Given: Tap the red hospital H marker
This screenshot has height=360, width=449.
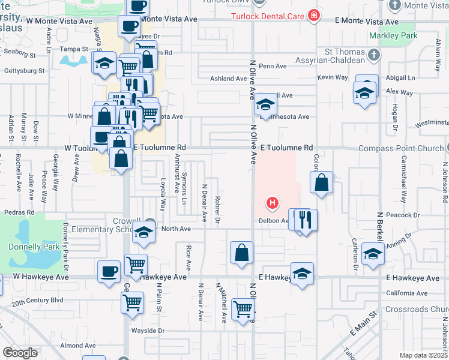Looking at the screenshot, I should point(273,204).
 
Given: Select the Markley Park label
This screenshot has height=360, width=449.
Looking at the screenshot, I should point(398,35).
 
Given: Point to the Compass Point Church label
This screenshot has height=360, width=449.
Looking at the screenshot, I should point(400,148).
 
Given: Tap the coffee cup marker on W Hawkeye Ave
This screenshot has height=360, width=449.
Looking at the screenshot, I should point(109,271).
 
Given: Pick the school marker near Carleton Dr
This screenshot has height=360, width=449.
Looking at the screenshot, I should point(373,254).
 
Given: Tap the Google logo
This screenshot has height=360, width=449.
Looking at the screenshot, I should point(20,353).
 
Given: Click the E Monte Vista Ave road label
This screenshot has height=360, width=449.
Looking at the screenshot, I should point(366,22).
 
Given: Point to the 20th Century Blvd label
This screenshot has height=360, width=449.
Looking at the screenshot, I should point(37,300).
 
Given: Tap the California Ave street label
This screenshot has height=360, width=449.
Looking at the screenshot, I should point(407,293).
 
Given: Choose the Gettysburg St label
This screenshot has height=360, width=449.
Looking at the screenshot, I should point(25,71).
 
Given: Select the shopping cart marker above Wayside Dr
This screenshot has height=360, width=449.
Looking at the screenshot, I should point(132,302).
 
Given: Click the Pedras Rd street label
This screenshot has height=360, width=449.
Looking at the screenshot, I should point(19,212).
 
